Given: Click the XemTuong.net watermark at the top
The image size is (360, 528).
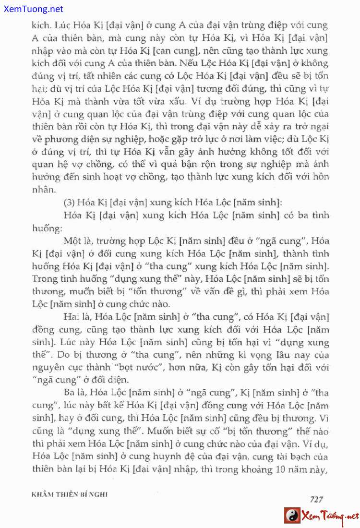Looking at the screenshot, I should (x=32, y=9).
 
